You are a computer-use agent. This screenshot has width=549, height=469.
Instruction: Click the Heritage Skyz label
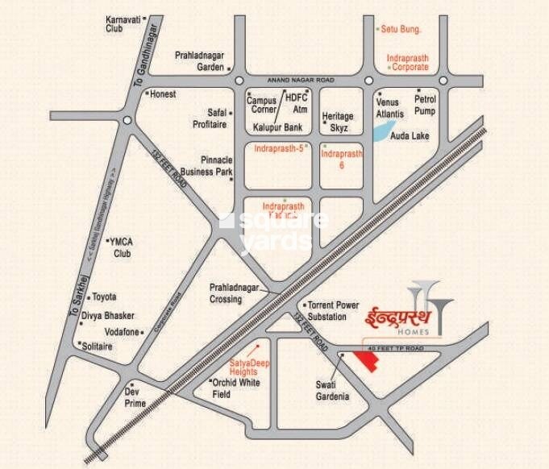338,122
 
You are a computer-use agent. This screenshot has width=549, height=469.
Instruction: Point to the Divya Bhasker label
111,315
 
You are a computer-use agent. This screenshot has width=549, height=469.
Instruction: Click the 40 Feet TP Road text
395,348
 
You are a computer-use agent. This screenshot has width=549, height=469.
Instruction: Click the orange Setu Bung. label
404,29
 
